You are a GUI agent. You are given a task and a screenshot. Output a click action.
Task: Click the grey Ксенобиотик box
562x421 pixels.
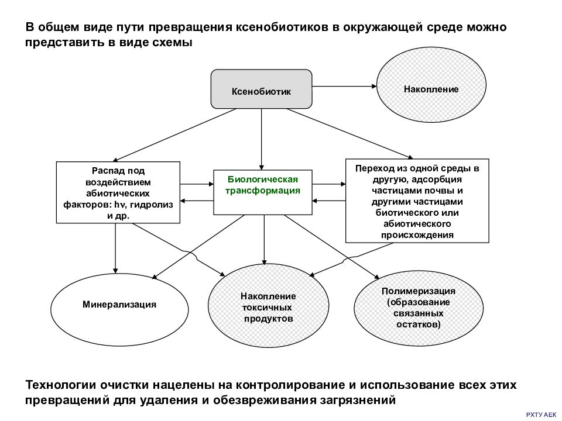pyautogui.click(x=261, y=89)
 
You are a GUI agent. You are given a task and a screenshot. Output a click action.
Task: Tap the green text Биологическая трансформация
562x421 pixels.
pyautogui.click(x=263, y=185)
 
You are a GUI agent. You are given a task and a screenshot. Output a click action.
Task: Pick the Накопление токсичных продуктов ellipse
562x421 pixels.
pyautogui.click(x=269, y=305)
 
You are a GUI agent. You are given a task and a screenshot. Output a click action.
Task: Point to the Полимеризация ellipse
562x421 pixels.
pyautogui.click(x=419, y=308)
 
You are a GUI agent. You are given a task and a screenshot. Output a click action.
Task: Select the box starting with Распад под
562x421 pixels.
pyautogui.click(x=118, y=192)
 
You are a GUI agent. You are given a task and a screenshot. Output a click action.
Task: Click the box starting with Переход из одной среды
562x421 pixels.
pyautogui.click(x=417, y=201)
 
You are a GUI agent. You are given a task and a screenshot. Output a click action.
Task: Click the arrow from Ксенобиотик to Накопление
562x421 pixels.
pyautogui.click(x=344, y=87)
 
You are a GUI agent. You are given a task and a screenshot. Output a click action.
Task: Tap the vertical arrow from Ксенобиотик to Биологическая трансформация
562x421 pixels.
pyautogui.click(x=262, y=139)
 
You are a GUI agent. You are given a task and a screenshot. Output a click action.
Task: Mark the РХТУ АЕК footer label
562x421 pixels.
pyautogui.click(x=541, y=415)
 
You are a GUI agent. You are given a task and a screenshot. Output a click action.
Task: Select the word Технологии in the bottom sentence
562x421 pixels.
pyautogui.click(x=61, y=385)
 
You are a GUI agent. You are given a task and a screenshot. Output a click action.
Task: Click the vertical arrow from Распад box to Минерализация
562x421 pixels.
pyautogui.click(x=115, y=249)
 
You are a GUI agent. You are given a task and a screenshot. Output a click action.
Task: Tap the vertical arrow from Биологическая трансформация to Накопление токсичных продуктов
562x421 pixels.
pyautogui.click(x=265, y=240)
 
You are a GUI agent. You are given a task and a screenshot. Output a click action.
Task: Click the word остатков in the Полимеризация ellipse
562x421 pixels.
pyautogui.click(x=418, y=325)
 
